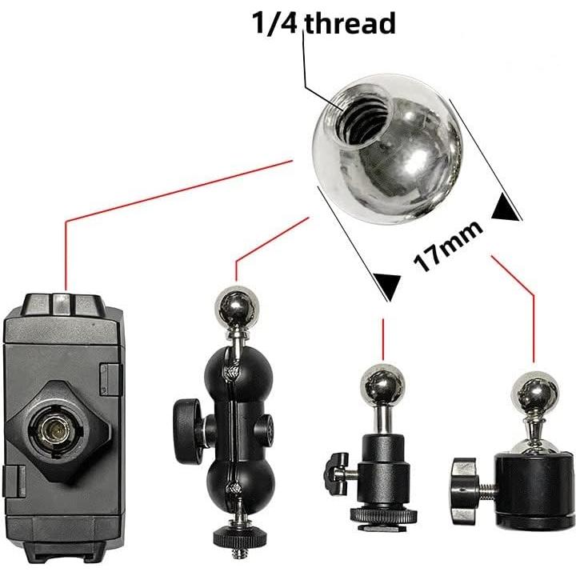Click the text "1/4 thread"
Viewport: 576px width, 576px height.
[324, 23]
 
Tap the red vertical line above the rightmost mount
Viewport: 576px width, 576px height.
[533, 327]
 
